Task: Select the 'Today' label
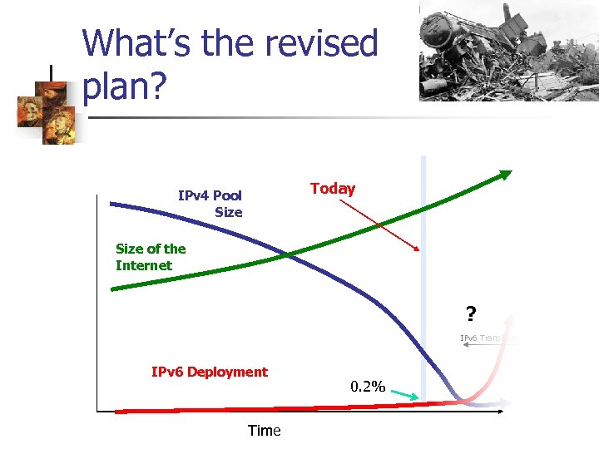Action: pos(333,189)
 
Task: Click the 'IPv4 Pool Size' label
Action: pos(210,204)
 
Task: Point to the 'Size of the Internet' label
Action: pos(151,257)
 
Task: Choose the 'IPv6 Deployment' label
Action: pos(210,372)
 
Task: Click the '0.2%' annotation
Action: pos(368,387)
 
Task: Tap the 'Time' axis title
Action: pos(264,431)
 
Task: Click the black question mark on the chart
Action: pos(471,314)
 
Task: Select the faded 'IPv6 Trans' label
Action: pos(488,338)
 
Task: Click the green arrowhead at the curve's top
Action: pos(504,174)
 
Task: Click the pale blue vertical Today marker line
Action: pos(423,274)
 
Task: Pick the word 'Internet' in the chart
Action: pos(144,266)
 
